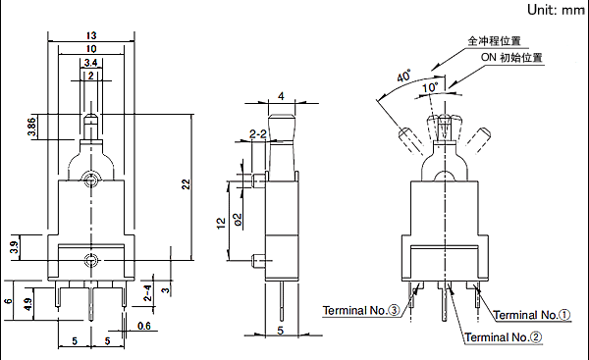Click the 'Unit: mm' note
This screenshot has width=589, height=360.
(557, 10)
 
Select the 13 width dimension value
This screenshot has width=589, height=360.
(91, 35)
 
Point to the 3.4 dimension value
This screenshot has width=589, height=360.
(91, 63)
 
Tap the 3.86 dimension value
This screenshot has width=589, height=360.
(32, 127)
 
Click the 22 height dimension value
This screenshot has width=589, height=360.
(186, 184)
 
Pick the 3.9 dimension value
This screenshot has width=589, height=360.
(15, 247)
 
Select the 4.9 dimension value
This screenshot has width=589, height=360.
(27, 304)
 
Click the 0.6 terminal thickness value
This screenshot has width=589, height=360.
(144, 326)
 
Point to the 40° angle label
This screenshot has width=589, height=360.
(403, 76)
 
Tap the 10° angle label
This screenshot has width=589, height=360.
(430, 87)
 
